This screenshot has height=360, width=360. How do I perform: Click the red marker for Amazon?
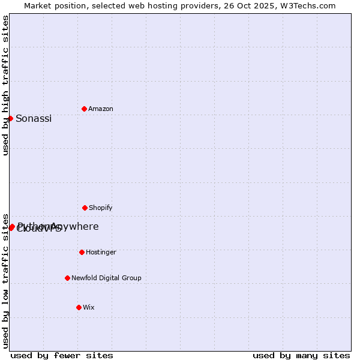point(84,109)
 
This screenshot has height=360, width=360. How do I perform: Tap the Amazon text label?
point(101,109)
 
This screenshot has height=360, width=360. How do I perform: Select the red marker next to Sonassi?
point(10,118)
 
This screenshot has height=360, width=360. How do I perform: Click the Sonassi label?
point(34,119)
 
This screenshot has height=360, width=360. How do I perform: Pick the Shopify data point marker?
point(85,208)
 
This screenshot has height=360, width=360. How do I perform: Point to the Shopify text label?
point(101,208)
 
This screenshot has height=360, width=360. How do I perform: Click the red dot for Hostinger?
point(82,252)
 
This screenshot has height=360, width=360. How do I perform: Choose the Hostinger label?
point(101,253)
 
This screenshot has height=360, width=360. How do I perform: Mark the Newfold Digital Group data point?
point(67,278)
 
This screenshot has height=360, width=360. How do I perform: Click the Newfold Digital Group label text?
point(106,278)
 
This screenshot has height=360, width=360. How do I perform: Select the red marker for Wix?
point(79,307)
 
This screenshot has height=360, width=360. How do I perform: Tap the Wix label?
point(89,308)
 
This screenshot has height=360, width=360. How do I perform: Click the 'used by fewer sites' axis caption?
point(62,356)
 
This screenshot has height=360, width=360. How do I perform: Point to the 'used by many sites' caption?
point(301,356)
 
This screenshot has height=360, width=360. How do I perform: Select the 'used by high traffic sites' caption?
point(6,86)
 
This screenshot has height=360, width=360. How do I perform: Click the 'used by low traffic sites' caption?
point(6,280)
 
